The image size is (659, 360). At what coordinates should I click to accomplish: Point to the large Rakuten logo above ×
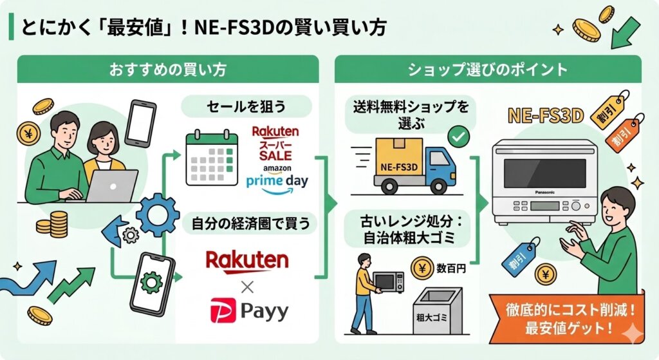(x=246, y=261)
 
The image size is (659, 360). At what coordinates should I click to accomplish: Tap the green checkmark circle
(x=458, y=136)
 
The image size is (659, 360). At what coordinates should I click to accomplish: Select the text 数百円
(x=452, y=268)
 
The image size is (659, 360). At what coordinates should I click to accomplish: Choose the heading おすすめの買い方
(x=168, y=69)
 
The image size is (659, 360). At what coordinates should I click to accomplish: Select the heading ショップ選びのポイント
(x=487, y=69)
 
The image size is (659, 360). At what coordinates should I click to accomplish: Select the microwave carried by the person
(x=389, y=282)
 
